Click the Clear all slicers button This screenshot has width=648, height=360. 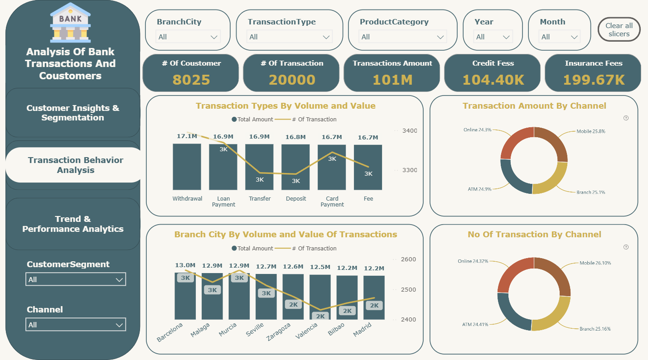[x=619, y=29]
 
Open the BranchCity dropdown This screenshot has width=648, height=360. [x=188, y=37]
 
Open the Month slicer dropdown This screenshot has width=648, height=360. [x=559, y=37]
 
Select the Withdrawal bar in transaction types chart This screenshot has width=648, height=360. [x=187, y=167]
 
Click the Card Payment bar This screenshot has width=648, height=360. [x=332, y=168]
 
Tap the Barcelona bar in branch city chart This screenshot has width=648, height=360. [x=185, y=296]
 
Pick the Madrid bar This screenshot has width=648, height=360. [x=374, y=298]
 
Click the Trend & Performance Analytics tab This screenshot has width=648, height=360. [x=73, y=224]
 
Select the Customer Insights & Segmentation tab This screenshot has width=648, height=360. [x=73, y=112]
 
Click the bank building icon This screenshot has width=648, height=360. [x=70, y=23]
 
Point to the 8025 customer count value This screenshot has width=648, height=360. [x=191, y=80]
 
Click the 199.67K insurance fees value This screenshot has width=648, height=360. [x=594, y=80]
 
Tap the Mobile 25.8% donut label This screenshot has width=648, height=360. [x=591, y=131]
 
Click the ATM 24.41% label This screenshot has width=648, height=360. [x=475, y=324]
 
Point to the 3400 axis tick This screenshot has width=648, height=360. [x=410, y=131]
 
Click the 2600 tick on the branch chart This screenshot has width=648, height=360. [x=408, y=259]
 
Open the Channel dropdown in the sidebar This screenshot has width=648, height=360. [x=76, y=324]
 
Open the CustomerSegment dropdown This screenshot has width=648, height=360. [x=76, y=279]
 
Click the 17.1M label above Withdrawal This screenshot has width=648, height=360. [x=187, y=136]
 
